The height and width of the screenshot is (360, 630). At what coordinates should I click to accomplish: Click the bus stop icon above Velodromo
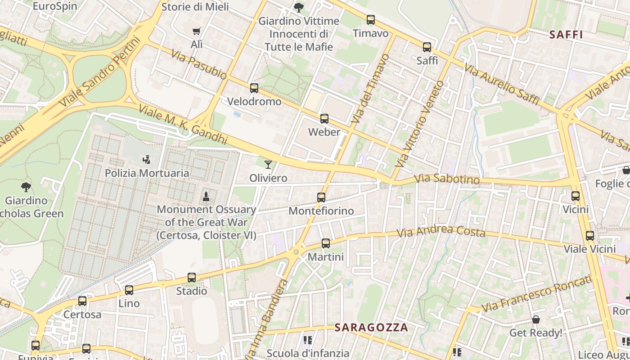[254, 88]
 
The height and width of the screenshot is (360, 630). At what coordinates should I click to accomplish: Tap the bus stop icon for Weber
[324, 119]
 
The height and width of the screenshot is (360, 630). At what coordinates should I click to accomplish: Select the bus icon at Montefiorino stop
[321, 198]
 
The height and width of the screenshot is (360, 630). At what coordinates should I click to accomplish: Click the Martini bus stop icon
[325, 243]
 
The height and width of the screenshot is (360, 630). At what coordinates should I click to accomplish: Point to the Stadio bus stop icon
[191, 278]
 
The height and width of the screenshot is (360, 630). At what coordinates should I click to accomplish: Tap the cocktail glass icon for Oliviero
[268, 165]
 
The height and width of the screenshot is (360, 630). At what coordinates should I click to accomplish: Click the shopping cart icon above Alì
[196, 31]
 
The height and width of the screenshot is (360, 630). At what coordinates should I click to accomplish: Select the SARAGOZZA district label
[371, 327]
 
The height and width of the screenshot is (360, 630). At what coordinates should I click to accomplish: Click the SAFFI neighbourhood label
[566, 35]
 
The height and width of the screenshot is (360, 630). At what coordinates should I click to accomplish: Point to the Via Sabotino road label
[446, 180]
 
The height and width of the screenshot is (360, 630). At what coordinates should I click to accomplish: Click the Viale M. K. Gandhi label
[183, 125]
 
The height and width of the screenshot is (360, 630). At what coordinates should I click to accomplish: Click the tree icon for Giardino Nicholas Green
[26, 187]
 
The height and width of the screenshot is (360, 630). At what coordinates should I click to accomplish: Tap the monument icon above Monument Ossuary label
[206, 196]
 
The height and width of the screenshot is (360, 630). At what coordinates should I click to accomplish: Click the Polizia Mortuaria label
[147, 173]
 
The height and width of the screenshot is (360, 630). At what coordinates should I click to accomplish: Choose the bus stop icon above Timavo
[370, 20]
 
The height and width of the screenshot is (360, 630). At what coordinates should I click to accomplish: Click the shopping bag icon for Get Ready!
[535, 319]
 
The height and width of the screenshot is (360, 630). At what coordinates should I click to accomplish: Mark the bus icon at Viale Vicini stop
[589, 236]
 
